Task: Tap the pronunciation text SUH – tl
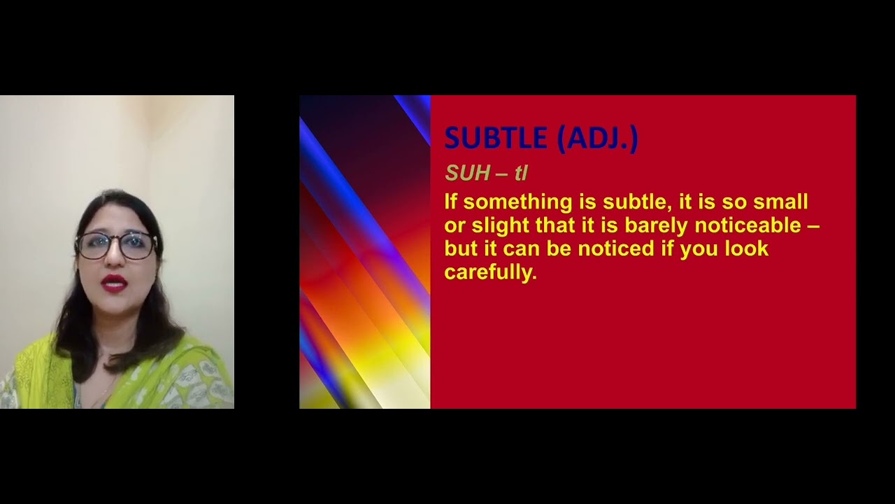(x=486, y=173)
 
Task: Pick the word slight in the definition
(x=501, y=225)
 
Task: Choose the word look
(x=747, y=249)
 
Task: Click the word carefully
(x=490, y=272)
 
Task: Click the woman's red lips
(x=114, y=282)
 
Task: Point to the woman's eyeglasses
(x=115, y=246)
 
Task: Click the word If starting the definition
(x=450, y=202)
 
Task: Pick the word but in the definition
(x=460, y=249)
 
